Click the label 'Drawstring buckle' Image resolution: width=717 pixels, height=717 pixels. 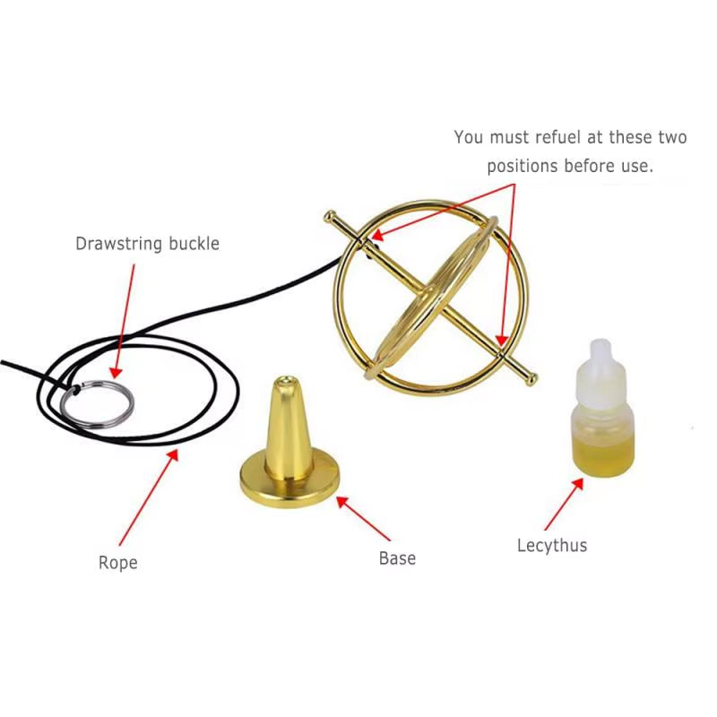(147, 243)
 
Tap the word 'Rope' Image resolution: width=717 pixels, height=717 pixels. (118, 563)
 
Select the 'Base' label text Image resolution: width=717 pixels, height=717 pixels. (397, 557)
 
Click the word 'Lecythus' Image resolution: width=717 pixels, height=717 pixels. (552, 544)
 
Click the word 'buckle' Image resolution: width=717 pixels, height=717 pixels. (193, 243)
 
